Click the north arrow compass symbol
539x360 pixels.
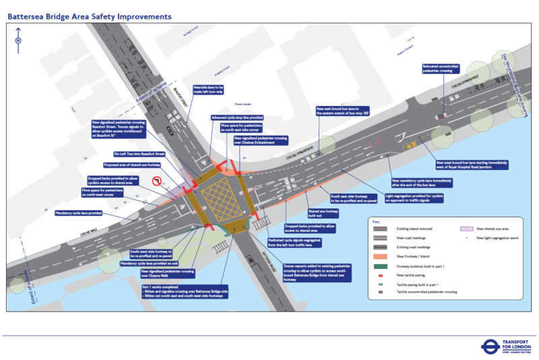18,40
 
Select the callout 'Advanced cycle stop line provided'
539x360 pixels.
238,117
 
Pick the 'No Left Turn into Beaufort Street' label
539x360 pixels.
139,154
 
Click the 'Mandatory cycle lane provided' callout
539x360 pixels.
78,212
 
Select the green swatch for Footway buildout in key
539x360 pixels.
381,267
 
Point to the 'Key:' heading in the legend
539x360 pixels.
377,221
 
